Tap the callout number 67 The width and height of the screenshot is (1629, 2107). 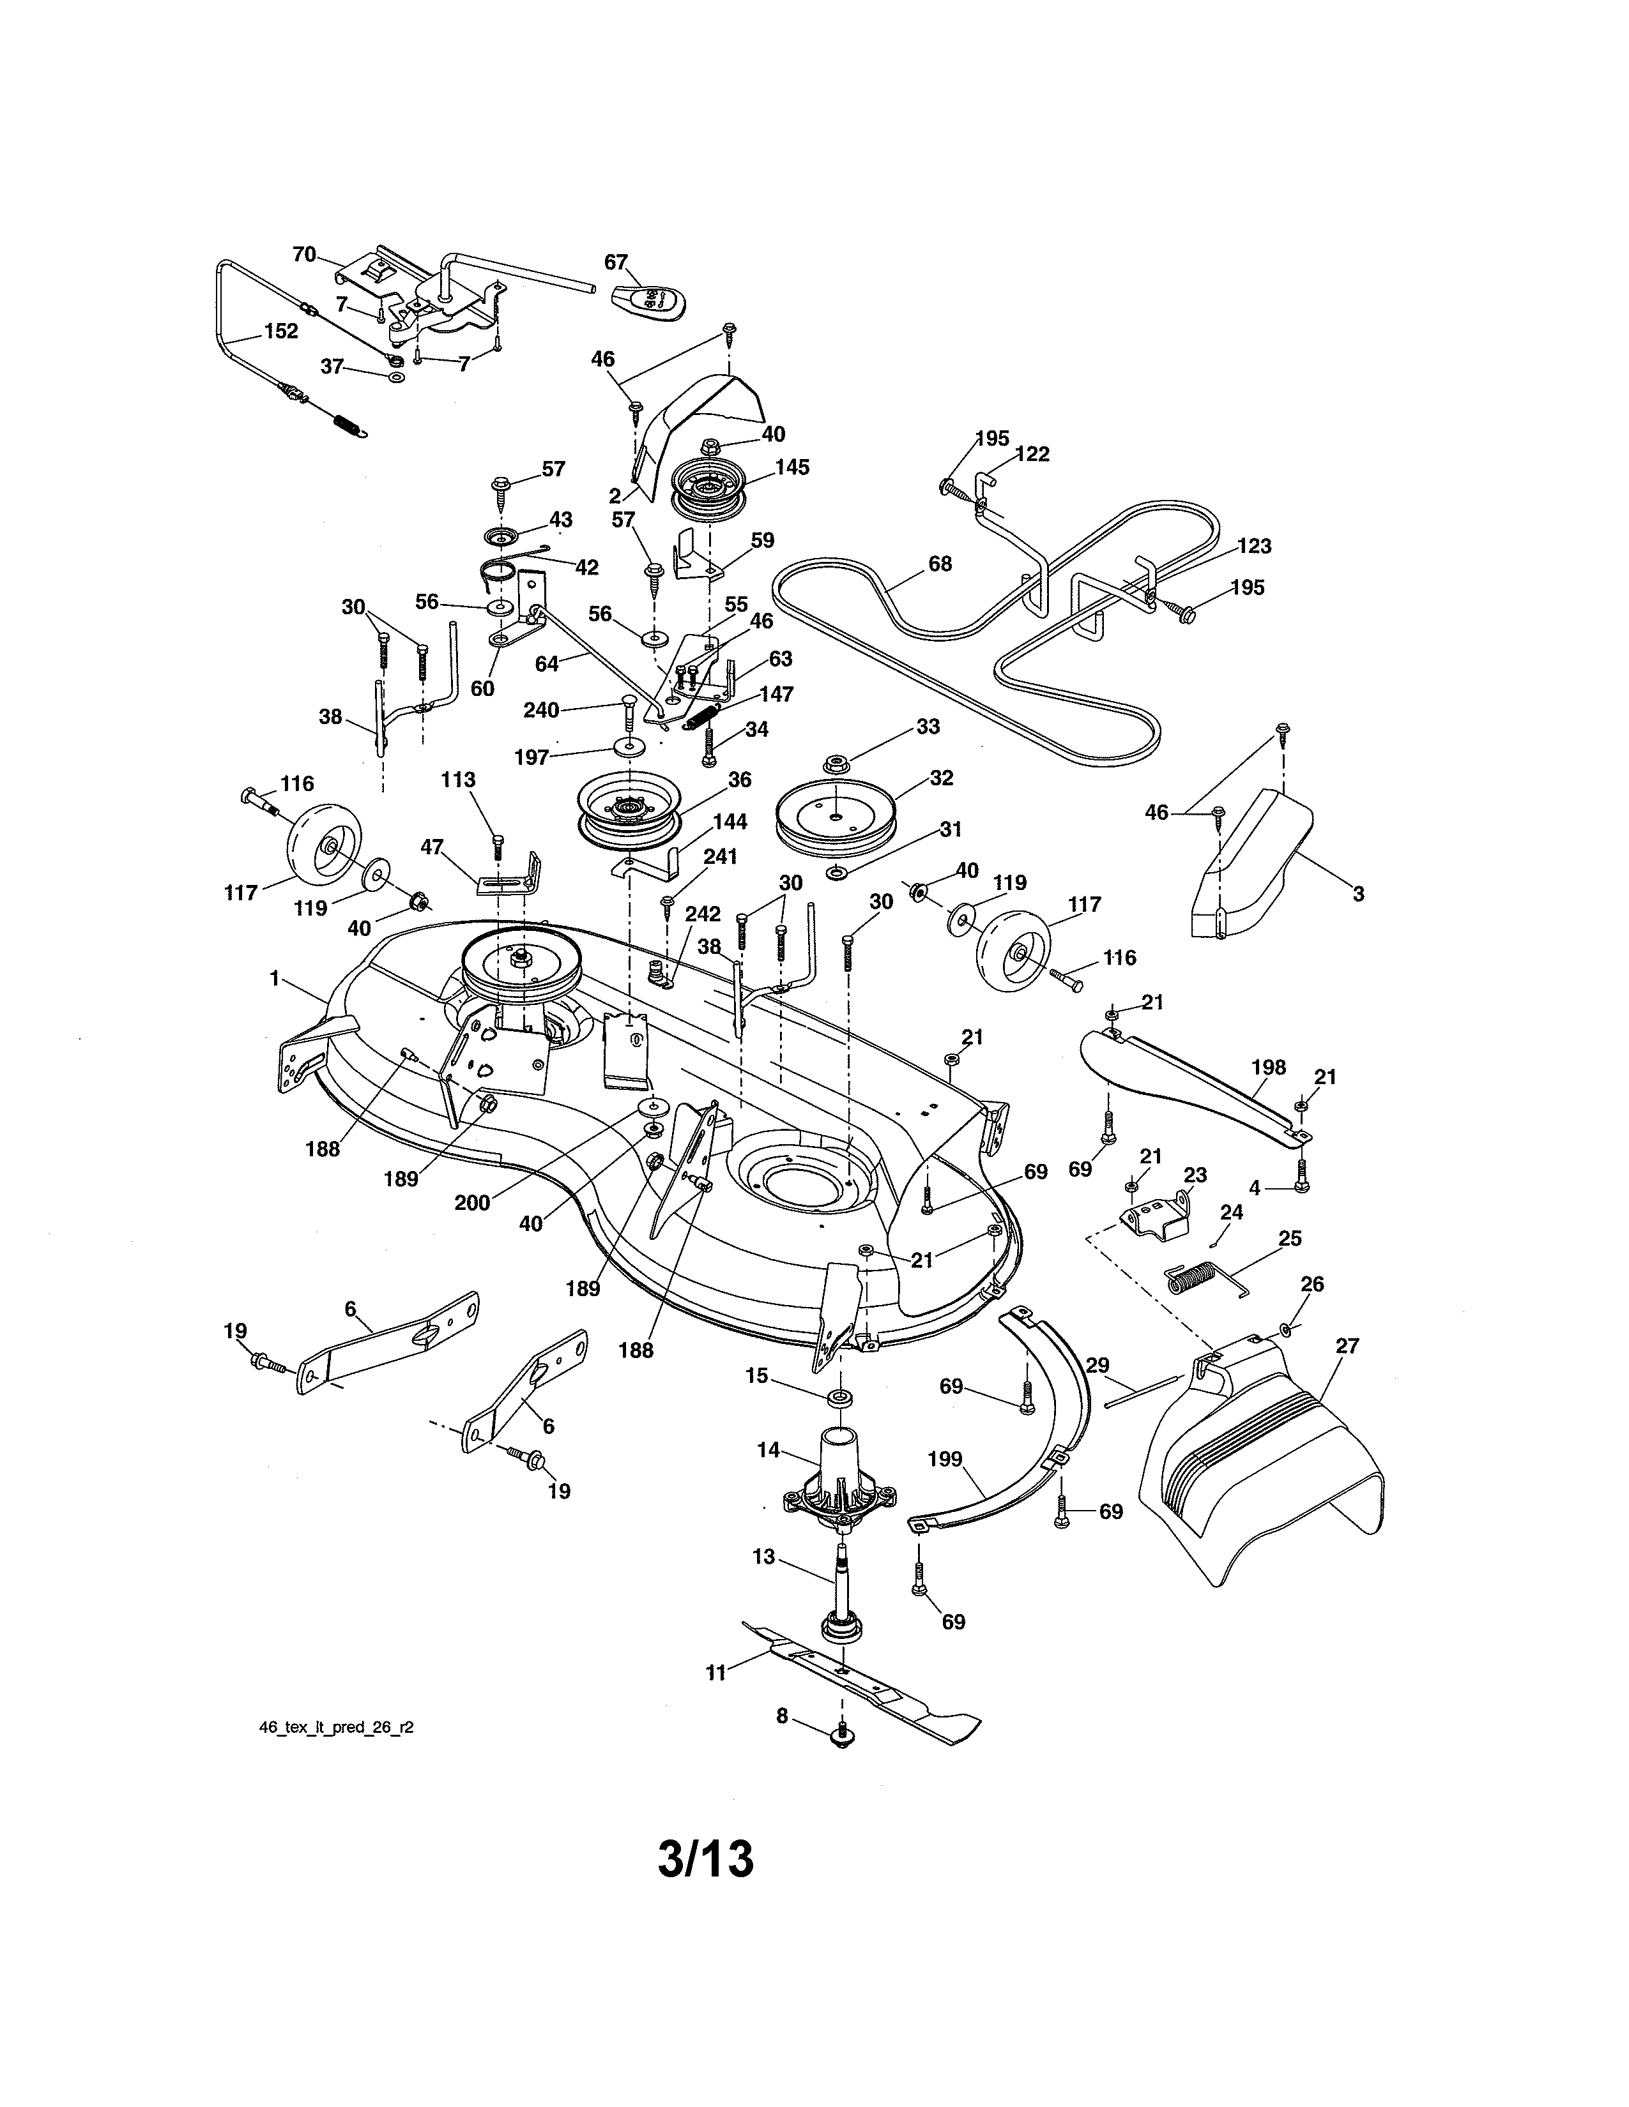point(616,262)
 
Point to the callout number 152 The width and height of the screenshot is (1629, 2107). point(281,331)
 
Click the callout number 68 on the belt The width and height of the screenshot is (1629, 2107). point(939,563)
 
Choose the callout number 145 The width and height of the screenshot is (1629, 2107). point(792,467)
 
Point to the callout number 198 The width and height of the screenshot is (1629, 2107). point(1268,1067)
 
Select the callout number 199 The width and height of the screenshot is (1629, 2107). point(945,1460)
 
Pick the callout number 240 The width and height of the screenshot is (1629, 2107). point(540,710)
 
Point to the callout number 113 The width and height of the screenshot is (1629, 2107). point(459,780)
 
